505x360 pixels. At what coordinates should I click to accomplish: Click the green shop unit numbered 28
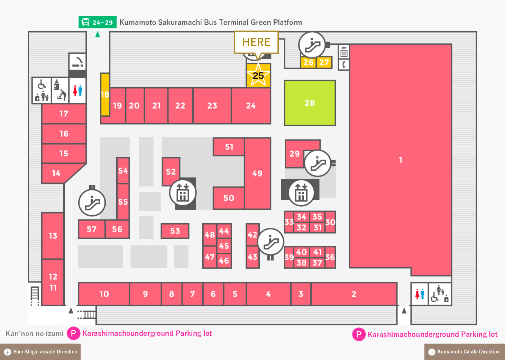tap(310, 103)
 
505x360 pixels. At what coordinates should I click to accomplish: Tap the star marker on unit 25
tap(258, 75)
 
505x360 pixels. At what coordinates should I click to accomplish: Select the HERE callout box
tap(256, 42)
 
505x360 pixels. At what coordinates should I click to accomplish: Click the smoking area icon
tap(77, 62)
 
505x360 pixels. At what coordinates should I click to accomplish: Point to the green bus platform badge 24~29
tap(98, 22)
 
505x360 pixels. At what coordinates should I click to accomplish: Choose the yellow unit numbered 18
tap(105, 94)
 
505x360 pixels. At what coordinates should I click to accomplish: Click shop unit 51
tap(229, 147)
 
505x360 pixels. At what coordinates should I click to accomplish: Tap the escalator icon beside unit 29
tap(318, 163)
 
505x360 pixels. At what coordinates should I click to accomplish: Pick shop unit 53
tap(175, 231)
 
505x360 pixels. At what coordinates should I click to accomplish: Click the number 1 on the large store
tap(401, 160)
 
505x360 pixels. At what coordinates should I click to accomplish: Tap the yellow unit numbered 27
tap(324, 62)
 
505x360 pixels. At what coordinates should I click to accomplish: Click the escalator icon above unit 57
tap(92, 202)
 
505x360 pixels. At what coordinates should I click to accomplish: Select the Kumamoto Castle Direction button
tap(465, 352)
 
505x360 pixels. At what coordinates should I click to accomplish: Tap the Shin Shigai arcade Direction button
tap(40, 352)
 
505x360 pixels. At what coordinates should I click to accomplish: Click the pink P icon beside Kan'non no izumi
tap(73, 333)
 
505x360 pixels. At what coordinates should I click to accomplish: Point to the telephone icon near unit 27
tap(344, 65)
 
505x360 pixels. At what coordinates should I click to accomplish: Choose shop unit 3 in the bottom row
tap(301, 294)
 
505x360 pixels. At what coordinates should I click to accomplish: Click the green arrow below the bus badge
tap(98, 34)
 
